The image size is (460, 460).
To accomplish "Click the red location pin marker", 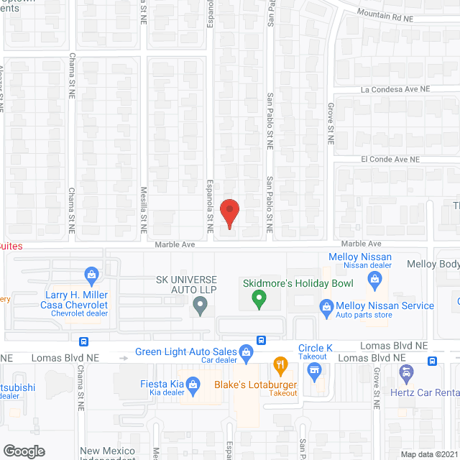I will click(x=229, y=213).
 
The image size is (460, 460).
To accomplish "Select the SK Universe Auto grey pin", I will click(x=201, y=308).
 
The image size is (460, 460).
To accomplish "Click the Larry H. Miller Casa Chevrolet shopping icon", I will click(x=91, y=274).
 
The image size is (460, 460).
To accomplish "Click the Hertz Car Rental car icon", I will click(x=406, y=372).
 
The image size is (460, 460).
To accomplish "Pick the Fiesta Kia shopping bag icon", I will click(x=193, y=385).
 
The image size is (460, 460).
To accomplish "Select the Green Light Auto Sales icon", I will click(x=246, y=352).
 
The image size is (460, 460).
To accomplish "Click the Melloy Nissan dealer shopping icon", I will click(x=374, y=278).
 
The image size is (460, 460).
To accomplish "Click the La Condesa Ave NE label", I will click(x=395, y=90).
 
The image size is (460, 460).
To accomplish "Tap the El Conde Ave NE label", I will click(x=390, y=159).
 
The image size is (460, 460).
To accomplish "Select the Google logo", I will click(x=23, y=451).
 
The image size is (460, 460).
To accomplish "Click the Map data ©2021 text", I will click(x=428, y=454).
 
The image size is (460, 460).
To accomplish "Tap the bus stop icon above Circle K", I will click(x=261, y=340).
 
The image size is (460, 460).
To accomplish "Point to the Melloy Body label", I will click(x=433, y=264).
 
